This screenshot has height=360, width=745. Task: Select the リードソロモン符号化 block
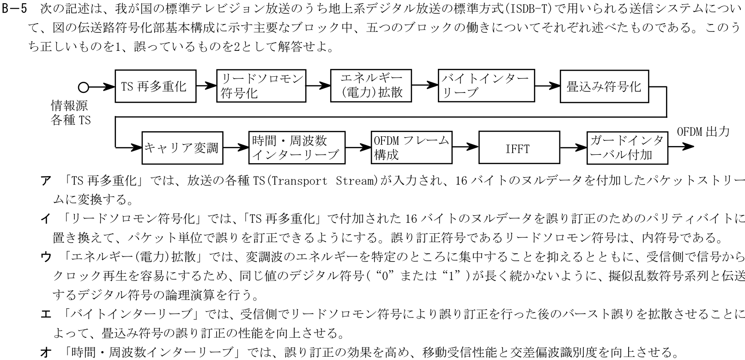pos(261,86)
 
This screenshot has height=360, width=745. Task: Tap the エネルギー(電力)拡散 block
pos(371,86)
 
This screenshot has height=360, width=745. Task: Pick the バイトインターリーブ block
pos(486,86)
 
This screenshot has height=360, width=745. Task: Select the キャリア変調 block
pos(182,148)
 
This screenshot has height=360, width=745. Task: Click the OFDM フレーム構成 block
pos(412,148)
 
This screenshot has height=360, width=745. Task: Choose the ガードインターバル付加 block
pos(627,148)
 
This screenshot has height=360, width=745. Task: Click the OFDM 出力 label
pos(703,132)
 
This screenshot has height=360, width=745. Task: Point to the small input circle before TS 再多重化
pos(83,86)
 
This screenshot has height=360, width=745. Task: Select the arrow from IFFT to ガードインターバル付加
pos(572,148)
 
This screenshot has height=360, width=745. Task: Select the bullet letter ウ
pos(46,257)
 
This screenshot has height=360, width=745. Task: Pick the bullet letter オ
pos(46,353)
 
